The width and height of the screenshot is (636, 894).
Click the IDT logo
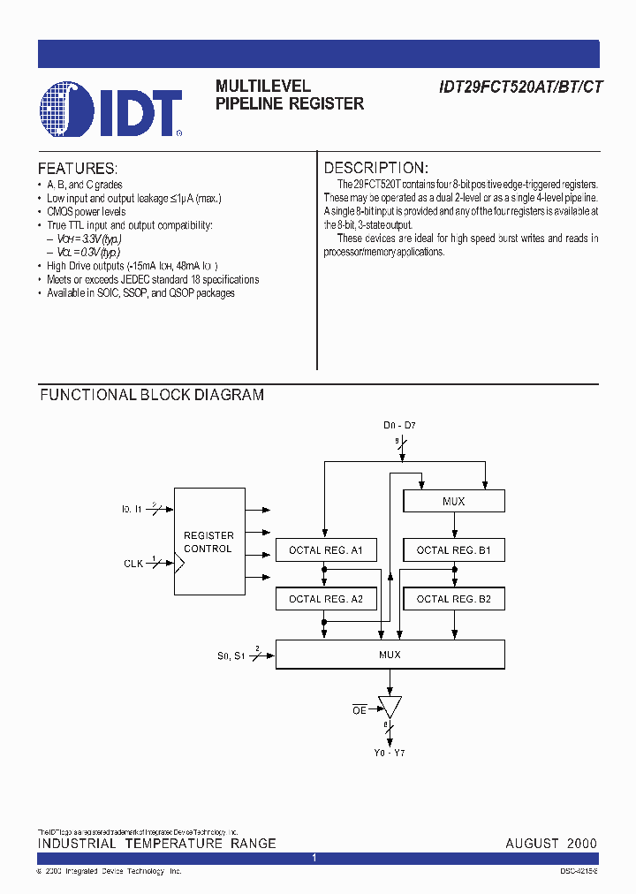click(111, 111)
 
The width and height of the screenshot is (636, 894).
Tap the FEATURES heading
click(78, 168)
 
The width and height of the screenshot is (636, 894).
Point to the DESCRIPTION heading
click(376, 168)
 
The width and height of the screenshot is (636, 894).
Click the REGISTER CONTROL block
click(208, 542)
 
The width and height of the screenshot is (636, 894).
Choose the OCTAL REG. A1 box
click(326, 550)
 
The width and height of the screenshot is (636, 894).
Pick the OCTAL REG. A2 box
click(326, 599)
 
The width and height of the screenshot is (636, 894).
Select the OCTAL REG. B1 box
click(454, 550)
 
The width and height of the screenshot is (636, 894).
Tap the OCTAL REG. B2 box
click(454, 599)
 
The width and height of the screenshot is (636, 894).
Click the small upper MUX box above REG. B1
click(454, 502)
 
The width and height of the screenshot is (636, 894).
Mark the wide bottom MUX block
click(390, 655)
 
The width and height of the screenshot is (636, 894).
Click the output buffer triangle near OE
click(390, 706)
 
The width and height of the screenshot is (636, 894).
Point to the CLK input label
click(133, 562)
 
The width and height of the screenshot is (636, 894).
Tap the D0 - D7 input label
click(399, 426)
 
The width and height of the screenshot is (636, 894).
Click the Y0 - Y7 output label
click(389, 753)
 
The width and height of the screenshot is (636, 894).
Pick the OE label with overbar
click(359, 708)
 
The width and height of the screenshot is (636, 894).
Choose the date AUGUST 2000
click(551, 844)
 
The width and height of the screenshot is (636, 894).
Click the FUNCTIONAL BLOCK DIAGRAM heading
click(152, 395)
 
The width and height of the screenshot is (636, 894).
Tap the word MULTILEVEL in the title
click(263, 87)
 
